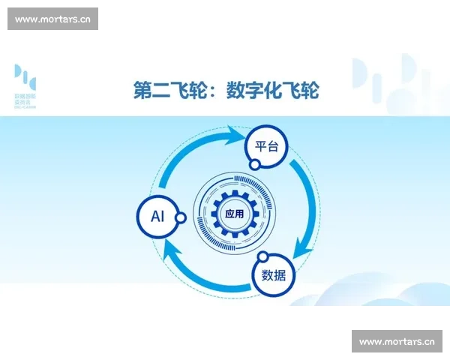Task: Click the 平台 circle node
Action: [267, 147]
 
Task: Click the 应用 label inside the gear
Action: [234, 214]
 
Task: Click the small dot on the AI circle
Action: [181, 217]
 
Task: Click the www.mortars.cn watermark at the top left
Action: [53, 19]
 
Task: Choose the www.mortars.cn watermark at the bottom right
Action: [397, 342]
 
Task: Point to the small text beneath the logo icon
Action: [25, 101]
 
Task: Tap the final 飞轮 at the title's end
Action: [301, 91]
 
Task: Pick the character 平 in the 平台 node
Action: [259, 147]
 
